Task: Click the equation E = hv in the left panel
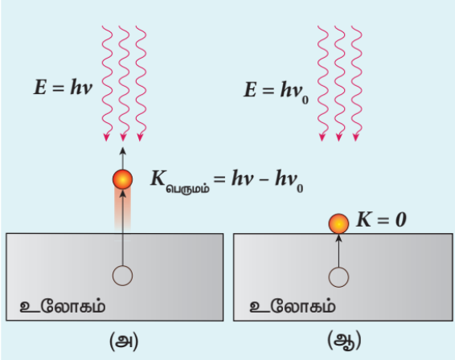[x=64, y=87]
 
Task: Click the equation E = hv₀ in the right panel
[x=276, y=91]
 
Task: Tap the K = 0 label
[x=381, y=219]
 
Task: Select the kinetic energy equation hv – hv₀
[x=267, y=181]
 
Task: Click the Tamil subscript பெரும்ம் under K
[x=188, y=189]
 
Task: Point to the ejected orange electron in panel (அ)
[x=123, y=179]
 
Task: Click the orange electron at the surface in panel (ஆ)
[x=338, y=223]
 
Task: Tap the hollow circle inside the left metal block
[x=123, y=276]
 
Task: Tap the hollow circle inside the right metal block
[x=338, y=277]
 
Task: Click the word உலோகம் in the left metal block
[x=63, y=306]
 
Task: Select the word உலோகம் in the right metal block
[x=293, y=306]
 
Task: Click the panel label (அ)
[x=124, y=342]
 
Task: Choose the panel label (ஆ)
[x=344, y=341]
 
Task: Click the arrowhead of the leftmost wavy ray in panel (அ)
[x=106, y=137]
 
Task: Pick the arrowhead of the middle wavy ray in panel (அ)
[x=123, y=137]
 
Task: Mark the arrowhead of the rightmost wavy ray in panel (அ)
[x=140, y=137]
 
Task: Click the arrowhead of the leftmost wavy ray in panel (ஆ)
[x=322, y=137]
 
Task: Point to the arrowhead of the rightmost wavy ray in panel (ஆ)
[x=356, y=137]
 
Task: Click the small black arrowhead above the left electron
[x=123, y=151]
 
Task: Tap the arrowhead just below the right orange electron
[x=338, y=238]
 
